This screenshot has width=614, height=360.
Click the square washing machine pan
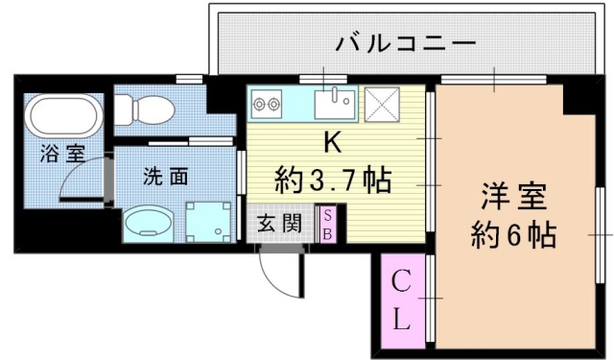[208, 220]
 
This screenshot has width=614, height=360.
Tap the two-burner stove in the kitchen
[266, 100]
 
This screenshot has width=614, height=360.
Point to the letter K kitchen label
[330, 143]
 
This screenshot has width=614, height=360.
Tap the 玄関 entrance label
[279, 225]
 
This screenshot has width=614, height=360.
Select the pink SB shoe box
[327, 225]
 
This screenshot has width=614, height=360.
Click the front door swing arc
[281, 276]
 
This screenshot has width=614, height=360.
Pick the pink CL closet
[401, 300]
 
